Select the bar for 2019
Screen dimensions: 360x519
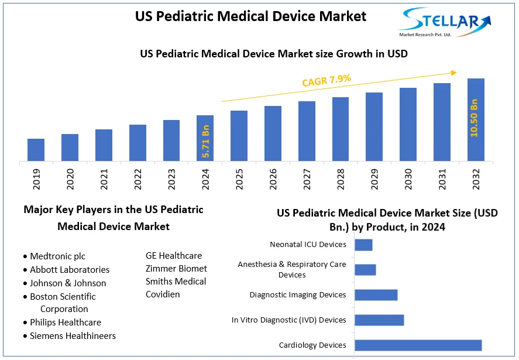coord(36,149)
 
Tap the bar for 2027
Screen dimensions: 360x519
coord(307,131)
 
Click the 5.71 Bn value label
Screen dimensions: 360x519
coord(205,141)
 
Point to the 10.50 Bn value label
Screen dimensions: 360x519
coord(475,118)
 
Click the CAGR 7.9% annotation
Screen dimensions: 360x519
coord(326,80)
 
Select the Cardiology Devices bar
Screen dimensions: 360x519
coord(418,345)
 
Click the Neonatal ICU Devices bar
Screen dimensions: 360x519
coord(363,245)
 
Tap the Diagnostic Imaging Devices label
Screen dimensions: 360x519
coord(298,294)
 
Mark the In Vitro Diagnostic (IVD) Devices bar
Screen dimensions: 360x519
coord(379,320)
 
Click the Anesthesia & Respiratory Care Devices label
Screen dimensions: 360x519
coord(292,269)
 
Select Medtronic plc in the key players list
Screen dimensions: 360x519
coord(57,256)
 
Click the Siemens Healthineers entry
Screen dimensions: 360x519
coord(73,335)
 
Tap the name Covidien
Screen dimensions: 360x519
coord(163,294)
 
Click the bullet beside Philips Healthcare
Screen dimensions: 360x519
coord(25,323)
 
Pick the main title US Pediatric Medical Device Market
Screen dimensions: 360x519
coord(250,16)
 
